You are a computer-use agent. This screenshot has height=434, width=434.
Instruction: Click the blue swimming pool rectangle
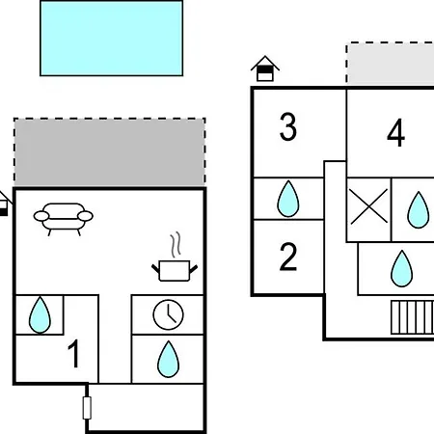tap(112, 39)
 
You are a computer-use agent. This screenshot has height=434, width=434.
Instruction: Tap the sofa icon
tap(64, 219)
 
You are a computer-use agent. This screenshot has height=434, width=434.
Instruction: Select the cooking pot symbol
tap(175, 271)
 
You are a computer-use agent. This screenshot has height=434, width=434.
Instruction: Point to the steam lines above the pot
tap(176, 245)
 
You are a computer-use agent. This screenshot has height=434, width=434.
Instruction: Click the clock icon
tap(168, 314)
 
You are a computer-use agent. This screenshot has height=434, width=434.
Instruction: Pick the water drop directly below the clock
tap(168, 359)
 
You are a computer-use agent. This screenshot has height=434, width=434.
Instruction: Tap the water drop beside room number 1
tap(40, 314)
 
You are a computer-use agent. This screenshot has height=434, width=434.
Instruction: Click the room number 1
tap(74, 354)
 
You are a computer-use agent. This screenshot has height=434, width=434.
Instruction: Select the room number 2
tap(288, 257)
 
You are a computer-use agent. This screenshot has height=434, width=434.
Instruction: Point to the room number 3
tap(288, 126)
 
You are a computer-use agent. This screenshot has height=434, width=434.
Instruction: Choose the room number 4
tap(395, 132)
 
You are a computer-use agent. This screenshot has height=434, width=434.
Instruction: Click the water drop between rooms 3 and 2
tap(288, 199)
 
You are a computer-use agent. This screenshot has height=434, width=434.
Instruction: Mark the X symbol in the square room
tap(368, 206)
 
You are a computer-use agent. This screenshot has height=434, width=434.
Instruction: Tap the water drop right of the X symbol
tap(419, 210)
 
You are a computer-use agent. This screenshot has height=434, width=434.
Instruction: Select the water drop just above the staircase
tap(402, 268)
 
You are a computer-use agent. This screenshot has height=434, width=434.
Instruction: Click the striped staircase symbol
tap(413, 317)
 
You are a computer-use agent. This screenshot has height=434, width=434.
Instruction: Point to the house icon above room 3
tap(265, 68)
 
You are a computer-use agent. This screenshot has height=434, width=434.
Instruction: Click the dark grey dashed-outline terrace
tap(110, 152)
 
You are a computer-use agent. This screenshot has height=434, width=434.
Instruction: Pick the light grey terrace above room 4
tap(390, 64)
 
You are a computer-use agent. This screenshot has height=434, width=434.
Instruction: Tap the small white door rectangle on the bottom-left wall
tap(87, 408)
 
